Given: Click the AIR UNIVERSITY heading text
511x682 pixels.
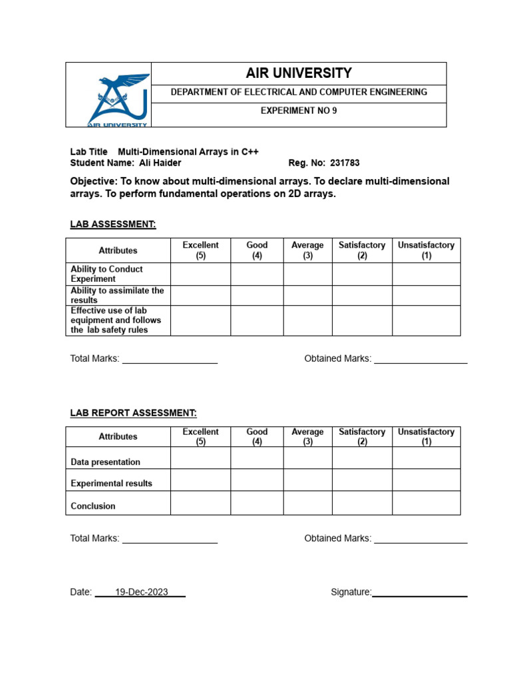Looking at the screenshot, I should [x=299, y=73].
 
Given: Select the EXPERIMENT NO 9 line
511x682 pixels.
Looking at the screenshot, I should [x=299, y=111].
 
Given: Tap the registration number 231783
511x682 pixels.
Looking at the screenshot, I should [x=345, y=163].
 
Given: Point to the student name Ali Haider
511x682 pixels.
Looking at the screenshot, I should [x=160, y=163].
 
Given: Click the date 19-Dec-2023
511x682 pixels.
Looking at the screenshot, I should [x=141, y=592].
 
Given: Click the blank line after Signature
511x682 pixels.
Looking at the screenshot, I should [x=419, y=592].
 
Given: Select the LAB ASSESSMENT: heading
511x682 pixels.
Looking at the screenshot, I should [x=113, y=224].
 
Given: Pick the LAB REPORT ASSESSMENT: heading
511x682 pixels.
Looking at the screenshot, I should [x=133, y=413].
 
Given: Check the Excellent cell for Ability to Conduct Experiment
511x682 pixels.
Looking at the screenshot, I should [x=200, y=274].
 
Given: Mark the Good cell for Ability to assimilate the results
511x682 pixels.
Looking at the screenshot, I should [x=257, y=295].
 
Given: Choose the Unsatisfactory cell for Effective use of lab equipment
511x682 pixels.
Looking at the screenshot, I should [x=426, y=320].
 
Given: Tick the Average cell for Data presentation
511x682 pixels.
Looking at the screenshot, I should [x=307, y=458].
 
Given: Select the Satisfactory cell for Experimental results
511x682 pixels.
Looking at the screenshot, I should [x=362, y=480].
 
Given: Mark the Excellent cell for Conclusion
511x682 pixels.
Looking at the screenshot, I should [x=200, y=503].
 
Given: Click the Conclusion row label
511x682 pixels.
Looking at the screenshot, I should [x=93, y=506].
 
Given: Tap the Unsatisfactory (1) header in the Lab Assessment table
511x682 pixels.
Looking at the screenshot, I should [x=426, y=250].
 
